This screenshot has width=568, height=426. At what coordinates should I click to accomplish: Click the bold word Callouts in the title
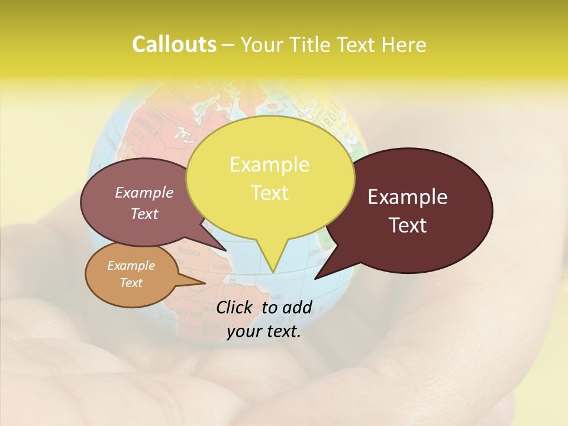(x=174, y=44)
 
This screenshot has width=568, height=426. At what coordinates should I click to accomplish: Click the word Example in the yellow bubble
(x=269, y=164)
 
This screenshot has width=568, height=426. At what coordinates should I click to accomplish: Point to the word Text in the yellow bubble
(x=269, y=193)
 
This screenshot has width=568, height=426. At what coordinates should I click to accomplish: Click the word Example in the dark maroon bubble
(x=408, y=197)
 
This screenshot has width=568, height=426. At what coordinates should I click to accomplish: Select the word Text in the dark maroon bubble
(x=408, y=225)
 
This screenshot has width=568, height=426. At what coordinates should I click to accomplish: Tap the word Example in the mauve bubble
(x=144, y=192)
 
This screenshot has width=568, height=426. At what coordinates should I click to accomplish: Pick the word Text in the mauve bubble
(x=144, y=214)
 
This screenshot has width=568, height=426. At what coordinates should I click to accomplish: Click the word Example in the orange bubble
(x=131, y=266)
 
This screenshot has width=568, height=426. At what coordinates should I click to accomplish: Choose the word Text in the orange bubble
(x=131, y=283)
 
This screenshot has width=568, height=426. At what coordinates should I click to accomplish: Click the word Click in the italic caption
(x=235, y=307)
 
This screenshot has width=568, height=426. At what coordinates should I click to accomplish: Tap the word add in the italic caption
(x=298, y=307)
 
